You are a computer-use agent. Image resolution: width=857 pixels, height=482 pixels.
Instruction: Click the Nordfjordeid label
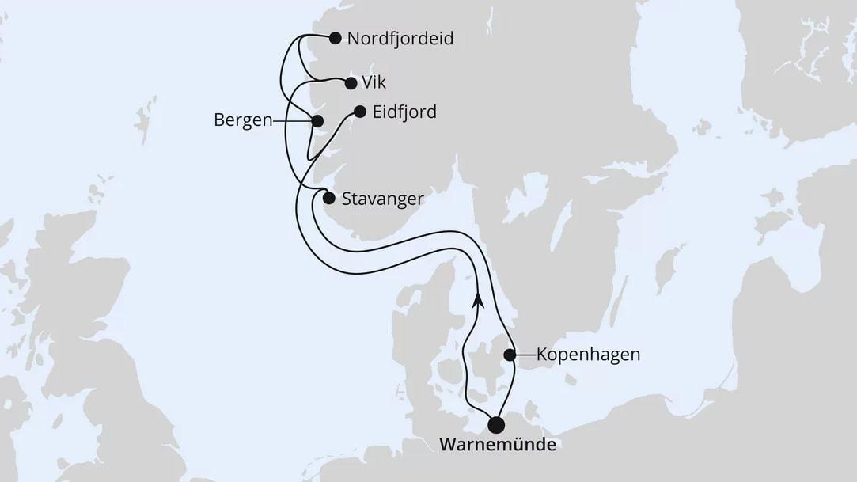click(401, 38)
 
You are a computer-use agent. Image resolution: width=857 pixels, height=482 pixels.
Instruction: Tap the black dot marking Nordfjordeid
click(335, 37)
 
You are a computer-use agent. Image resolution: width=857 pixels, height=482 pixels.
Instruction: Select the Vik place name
click(374, 82)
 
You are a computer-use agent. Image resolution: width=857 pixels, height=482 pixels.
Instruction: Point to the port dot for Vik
click(351, 82)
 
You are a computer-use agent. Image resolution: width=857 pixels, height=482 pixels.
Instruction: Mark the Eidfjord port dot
click(360, 112)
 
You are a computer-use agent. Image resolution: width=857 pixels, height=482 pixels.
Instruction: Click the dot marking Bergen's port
click(317, 121)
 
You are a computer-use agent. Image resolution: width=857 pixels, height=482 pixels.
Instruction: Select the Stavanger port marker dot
click(328, 199)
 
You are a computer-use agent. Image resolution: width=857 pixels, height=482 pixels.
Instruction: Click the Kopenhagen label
click(588, 355)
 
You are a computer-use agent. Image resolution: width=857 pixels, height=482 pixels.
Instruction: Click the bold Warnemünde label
click(497, 445)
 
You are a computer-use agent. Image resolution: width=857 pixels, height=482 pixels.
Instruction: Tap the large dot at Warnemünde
click(497, 425)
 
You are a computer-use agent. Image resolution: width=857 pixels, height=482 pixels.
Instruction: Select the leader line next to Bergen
click(290, 121)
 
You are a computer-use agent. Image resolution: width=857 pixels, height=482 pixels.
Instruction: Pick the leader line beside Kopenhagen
click(525, 355)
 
